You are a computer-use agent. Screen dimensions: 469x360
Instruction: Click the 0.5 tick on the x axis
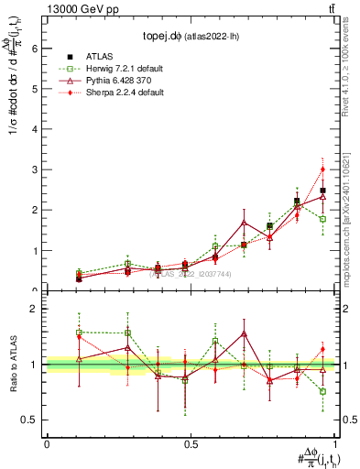(190, 443)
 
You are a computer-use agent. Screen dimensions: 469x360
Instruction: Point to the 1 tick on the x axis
(334, 443)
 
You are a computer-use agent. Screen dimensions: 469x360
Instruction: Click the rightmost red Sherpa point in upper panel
(322, 169)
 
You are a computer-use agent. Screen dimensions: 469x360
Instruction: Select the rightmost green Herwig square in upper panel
(322, 219)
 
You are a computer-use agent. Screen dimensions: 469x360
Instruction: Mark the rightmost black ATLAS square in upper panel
(322, 191)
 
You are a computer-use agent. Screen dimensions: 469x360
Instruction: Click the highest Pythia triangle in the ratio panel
(244, 333)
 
